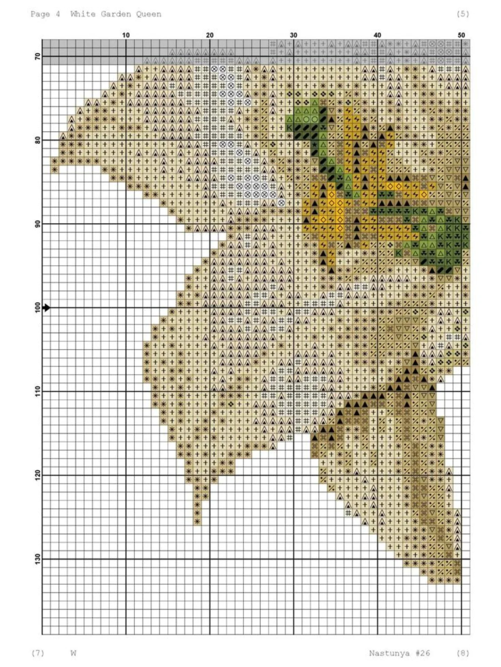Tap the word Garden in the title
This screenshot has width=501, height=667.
click(116, 14)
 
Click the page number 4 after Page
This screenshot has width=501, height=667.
click(58, 14)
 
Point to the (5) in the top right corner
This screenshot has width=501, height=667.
click(462, 14)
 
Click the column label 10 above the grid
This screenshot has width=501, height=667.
click(126, 35)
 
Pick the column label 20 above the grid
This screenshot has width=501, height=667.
click(209, 35)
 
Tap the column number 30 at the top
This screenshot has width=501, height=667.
click(293, 35)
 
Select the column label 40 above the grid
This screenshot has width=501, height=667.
click(377, 35)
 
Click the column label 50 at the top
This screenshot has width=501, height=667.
click(461, 35)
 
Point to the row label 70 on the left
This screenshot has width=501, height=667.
click(38, 56)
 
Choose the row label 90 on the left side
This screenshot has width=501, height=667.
click(38, 224)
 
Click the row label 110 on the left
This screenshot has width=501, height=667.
click(38, 391)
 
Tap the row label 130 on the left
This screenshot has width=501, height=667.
click(38, 559)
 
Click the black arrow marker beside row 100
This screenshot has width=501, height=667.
click(46, 308)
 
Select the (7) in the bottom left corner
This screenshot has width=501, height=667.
click(38, 653)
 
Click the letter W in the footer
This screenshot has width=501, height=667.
click(73, 653)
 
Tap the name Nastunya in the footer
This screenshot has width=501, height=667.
click(389, 653)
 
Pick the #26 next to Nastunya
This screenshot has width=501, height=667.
click(423, 653)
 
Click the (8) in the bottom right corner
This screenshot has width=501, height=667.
click(462, 653)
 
